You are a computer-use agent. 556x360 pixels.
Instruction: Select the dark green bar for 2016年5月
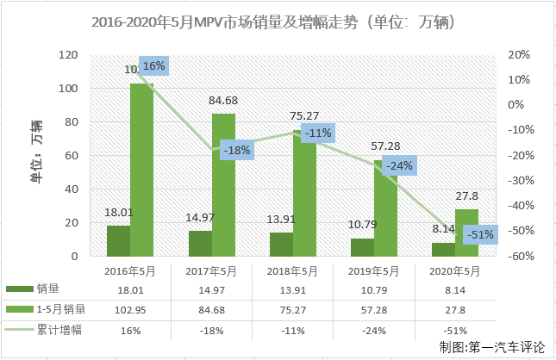118,241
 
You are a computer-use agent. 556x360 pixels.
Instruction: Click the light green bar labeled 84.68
223,185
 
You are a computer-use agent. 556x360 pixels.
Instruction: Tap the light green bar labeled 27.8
466,233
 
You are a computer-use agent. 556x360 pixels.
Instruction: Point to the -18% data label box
235,150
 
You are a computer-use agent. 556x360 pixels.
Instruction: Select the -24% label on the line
399,164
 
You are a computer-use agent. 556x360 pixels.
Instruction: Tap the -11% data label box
317,133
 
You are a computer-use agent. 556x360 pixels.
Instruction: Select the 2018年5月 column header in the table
293,270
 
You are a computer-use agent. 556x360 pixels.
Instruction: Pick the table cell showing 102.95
130,310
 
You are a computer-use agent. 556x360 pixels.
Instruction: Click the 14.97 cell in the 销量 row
211,290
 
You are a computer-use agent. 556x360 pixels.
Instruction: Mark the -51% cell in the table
454,330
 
